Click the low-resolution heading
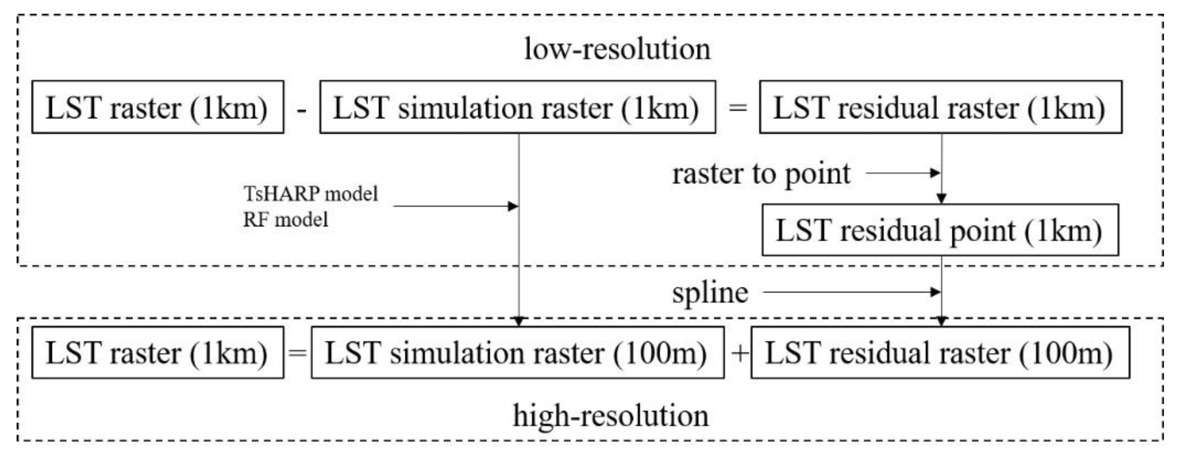tap(617, 49)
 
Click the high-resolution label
tap(610, 415)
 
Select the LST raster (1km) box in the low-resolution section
tap(158, 107)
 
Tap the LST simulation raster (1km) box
tap(517, 107)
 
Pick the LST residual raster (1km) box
tap(940, 107)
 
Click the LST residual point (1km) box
tap(940, 230)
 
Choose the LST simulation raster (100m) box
tap(517, 353)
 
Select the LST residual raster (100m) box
tap(940, 353)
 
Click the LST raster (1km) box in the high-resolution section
tap(158, 353)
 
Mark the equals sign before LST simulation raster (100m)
tap(297, 353)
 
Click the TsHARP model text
tap(311, 194)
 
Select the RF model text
tap(285, 220)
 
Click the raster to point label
tap(761, 174)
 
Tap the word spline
tap(710, 292)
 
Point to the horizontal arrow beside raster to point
tap(902, 173)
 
